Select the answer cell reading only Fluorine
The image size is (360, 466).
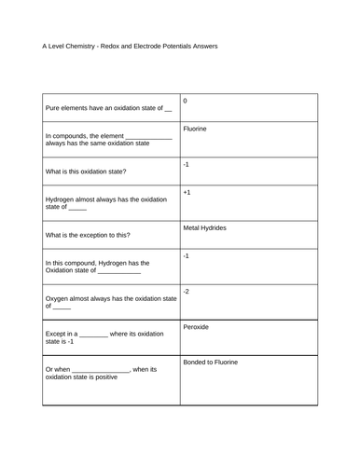(x=195, y=130)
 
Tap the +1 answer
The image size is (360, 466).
(x=187, y=193)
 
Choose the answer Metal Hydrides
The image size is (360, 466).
(x=204, y=227)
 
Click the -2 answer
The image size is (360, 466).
(x=187, y=291)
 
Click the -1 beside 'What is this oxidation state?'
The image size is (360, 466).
(x=187, y=162)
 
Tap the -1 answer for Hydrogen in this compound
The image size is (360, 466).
(x=187, y=254)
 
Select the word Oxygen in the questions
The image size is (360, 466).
(x=59, y=298)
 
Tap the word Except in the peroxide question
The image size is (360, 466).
(x=57, y=334)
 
